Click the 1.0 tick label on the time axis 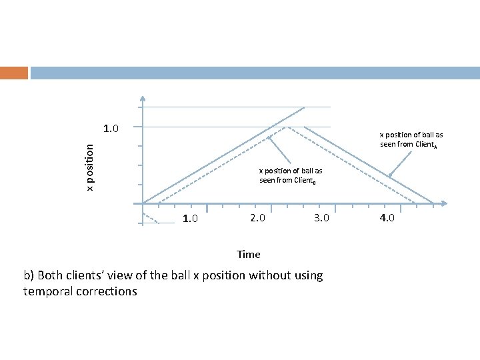pos(189,219)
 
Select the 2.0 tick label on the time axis pos(257,218)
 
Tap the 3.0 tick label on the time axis pos(321,218)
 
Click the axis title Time pos(249,254)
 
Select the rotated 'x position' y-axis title pos(91,165)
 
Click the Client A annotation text pos(411,139)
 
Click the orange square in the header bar pos(13,73)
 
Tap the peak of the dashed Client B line pos(286,126)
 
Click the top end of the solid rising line pos(305,107)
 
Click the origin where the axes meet pos(143,203)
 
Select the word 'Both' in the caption pos(51,275)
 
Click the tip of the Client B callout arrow pos(269,137)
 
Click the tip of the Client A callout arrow pos(391,176)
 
